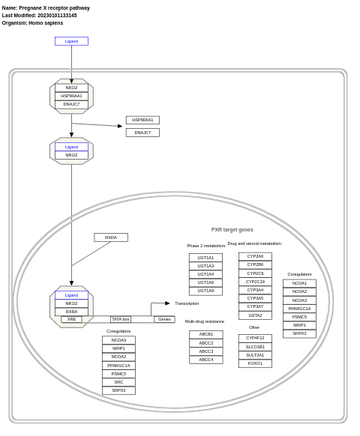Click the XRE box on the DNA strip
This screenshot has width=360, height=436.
[x=71, y=319]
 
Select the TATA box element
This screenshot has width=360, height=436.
[x=121, y=319]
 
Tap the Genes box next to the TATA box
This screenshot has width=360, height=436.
[x=164, y=319]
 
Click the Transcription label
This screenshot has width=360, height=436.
[x=187, y=303]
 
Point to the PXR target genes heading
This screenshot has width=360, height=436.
[x=232, y=230]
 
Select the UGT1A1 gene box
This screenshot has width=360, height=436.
[x=205, y=258]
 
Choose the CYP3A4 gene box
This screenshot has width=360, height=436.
[x=255, y=290]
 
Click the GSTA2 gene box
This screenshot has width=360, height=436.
[x=255, y=315]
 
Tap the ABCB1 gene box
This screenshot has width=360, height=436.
[x=205, y=334]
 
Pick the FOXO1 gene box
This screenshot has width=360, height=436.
[x=255, y=363]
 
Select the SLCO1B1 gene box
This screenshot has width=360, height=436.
[x=255, y=347]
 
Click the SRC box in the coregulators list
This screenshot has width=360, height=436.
[x=118, y=382]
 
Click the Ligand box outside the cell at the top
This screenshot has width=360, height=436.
[x=71, y=41]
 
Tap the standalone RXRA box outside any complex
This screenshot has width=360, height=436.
[x=111, y=237]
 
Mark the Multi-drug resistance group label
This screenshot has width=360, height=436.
[x=205, y=321]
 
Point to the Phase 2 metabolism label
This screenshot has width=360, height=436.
[x=206, y=246]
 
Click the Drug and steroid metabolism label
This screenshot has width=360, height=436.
[x=254, y=243]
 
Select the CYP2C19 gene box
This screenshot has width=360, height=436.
[x=255, y=282]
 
